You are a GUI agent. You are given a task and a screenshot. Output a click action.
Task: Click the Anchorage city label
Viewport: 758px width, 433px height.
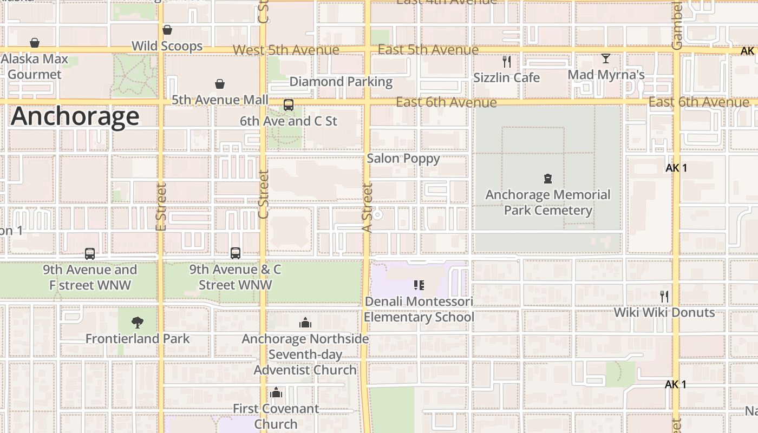tap(75, 116)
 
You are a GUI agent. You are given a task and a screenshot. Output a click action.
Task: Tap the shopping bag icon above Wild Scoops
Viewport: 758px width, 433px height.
tap(167, 30)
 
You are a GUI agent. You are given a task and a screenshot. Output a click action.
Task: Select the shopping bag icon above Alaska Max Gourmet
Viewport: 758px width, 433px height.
tap(35, 42)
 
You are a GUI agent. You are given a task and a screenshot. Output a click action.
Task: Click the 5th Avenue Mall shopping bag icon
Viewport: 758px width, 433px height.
tap(220, 84)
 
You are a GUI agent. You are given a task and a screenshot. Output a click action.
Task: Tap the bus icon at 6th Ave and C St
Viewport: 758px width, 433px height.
tap(289, 105)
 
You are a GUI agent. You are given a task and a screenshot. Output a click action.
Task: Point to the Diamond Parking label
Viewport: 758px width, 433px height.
tap(341, 82)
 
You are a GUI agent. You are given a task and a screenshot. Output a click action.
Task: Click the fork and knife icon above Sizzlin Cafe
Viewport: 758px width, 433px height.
tap(507, 61)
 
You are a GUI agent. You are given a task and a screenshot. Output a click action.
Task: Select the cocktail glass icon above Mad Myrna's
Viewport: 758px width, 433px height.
tap(606, 58)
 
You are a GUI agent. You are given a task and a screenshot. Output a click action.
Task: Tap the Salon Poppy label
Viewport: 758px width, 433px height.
tap(403, 159)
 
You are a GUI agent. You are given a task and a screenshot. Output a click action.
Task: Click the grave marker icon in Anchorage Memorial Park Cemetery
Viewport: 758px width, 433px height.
tap(548, 178)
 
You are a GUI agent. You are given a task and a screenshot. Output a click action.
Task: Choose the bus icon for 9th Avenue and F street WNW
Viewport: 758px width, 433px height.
tap(90, 253)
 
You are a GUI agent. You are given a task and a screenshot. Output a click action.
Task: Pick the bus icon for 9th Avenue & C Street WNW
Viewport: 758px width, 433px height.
tap(235, 253)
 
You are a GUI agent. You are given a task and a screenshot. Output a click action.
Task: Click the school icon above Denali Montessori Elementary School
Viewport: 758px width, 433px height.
tap(419, 285)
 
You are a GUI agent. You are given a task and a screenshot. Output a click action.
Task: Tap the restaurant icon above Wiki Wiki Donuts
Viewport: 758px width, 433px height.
tap(664, 296)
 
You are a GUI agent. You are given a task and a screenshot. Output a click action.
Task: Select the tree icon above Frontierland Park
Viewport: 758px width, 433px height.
tap(138, 323)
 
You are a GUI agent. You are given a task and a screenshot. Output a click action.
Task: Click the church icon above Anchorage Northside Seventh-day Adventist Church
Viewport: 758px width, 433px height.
tap(305, 323)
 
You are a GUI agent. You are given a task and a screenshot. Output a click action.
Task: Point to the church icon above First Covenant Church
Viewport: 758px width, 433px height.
tap(276, 392)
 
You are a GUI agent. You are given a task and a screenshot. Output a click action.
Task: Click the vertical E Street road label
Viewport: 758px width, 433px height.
tap(161, 207)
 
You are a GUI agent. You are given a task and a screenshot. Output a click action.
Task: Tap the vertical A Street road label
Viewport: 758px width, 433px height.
tap(367, 208)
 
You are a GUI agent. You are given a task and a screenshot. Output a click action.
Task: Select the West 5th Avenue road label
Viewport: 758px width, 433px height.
tap(286, 50)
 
